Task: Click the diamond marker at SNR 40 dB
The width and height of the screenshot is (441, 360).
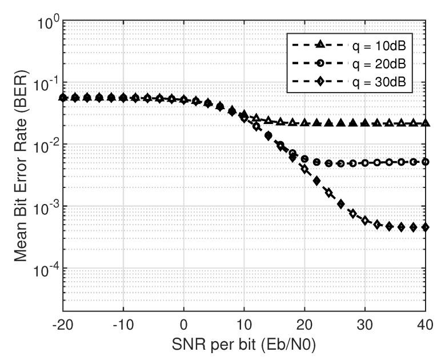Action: coord(425,227)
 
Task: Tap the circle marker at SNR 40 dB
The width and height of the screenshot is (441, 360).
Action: coord(425,162)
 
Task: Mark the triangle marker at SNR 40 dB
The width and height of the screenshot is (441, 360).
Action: coord(425,123)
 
